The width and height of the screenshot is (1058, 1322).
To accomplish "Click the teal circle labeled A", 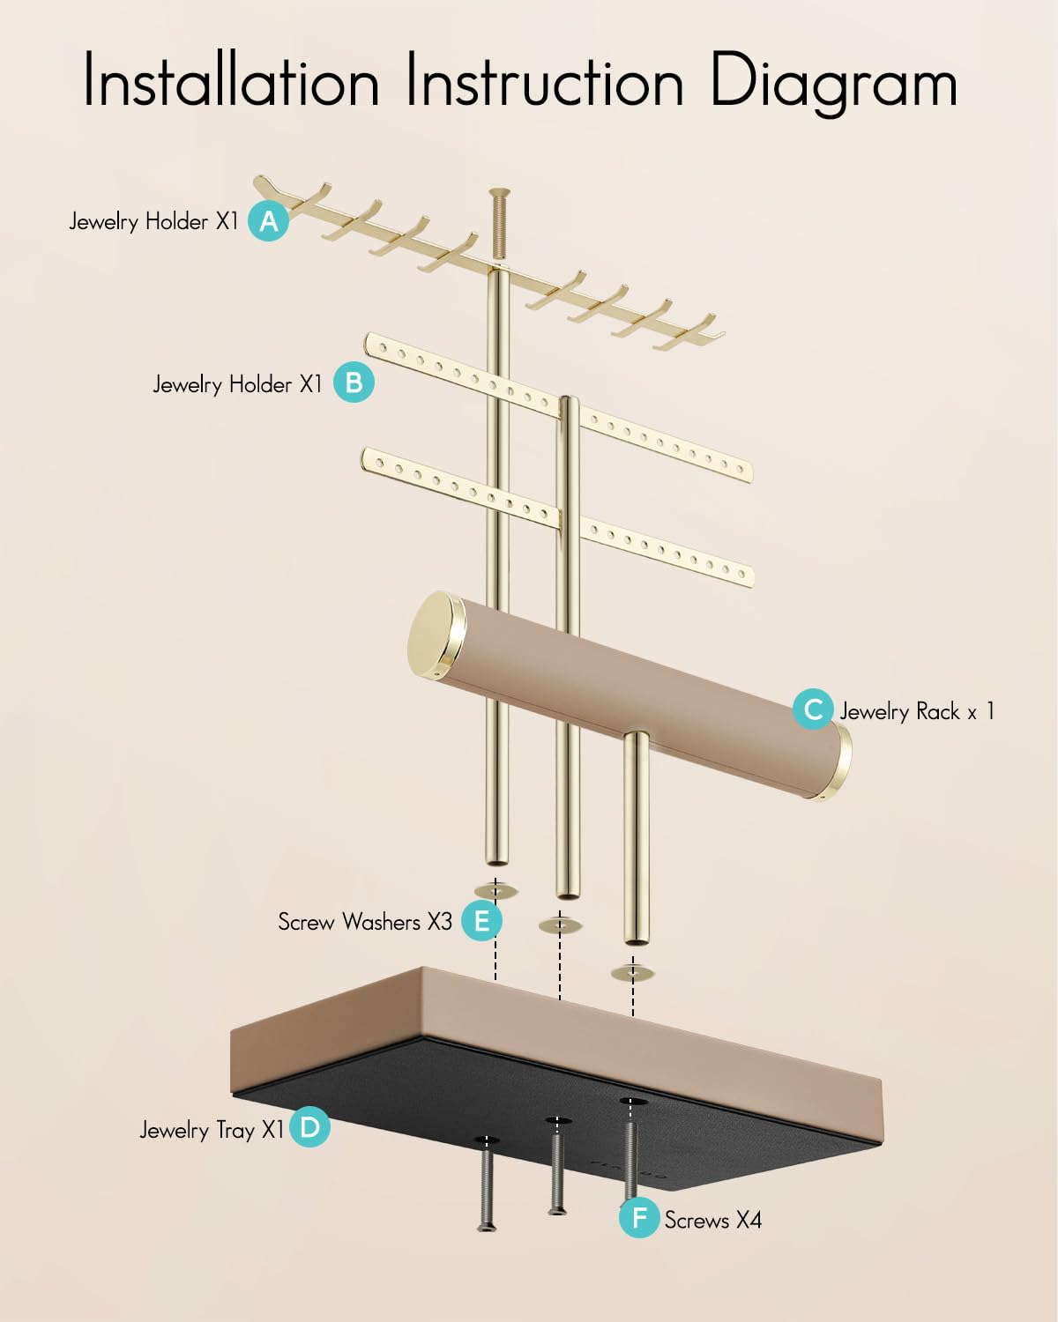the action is click(x=268, y=220).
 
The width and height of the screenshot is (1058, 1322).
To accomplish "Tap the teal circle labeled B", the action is click(x=354, y=382).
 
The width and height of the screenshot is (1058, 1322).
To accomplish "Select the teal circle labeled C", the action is click(x=813, y=709).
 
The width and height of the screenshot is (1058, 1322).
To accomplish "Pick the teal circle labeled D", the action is click(x=309, y=1126).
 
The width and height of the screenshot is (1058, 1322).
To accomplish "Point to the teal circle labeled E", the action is click(x=481, y=921).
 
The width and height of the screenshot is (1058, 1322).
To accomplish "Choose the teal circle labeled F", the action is click(x=639, y=1217).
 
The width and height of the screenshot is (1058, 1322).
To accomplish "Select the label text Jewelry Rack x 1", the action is click(x=917, y=710).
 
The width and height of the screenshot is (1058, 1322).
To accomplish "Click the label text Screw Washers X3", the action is click(x=365, y=922).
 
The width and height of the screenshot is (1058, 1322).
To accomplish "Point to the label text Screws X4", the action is click(x=713, y=1220).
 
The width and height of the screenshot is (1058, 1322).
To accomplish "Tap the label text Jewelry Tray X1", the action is click(x=212, y=1130).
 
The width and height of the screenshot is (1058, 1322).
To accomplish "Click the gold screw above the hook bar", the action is click(x=500, y=225).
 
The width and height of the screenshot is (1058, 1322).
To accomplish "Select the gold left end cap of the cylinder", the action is click(x=436, y=635).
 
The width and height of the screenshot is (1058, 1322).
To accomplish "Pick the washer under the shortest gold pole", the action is click(x=632, y=972).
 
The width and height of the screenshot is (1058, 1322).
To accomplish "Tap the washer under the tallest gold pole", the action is click(x=496, y=890).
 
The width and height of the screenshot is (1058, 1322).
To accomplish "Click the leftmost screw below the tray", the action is click(x=487, y=1191).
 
